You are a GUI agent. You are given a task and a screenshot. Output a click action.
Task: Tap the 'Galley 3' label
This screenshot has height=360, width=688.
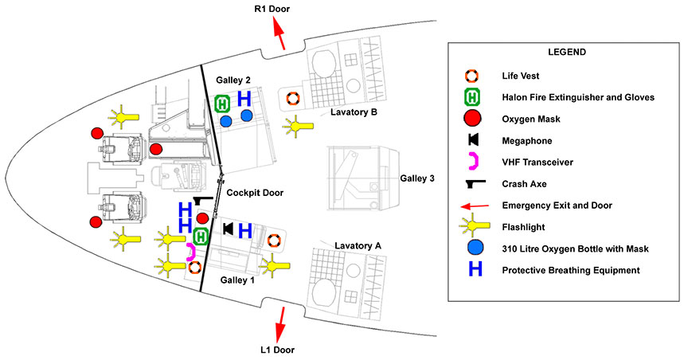(420, 178)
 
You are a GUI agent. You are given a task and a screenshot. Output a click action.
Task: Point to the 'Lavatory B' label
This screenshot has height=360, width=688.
(354, 112)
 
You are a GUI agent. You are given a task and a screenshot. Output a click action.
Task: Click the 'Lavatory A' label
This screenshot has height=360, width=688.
(358, 245)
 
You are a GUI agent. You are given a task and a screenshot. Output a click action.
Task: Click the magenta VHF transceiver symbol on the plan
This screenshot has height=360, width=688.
(191, 252)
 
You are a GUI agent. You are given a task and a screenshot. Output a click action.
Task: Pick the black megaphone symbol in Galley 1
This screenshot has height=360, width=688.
(228, 230)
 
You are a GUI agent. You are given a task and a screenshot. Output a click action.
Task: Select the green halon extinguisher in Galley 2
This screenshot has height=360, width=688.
(223, 103)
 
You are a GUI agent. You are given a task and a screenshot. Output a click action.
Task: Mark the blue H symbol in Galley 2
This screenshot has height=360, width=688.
(244, 99)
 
